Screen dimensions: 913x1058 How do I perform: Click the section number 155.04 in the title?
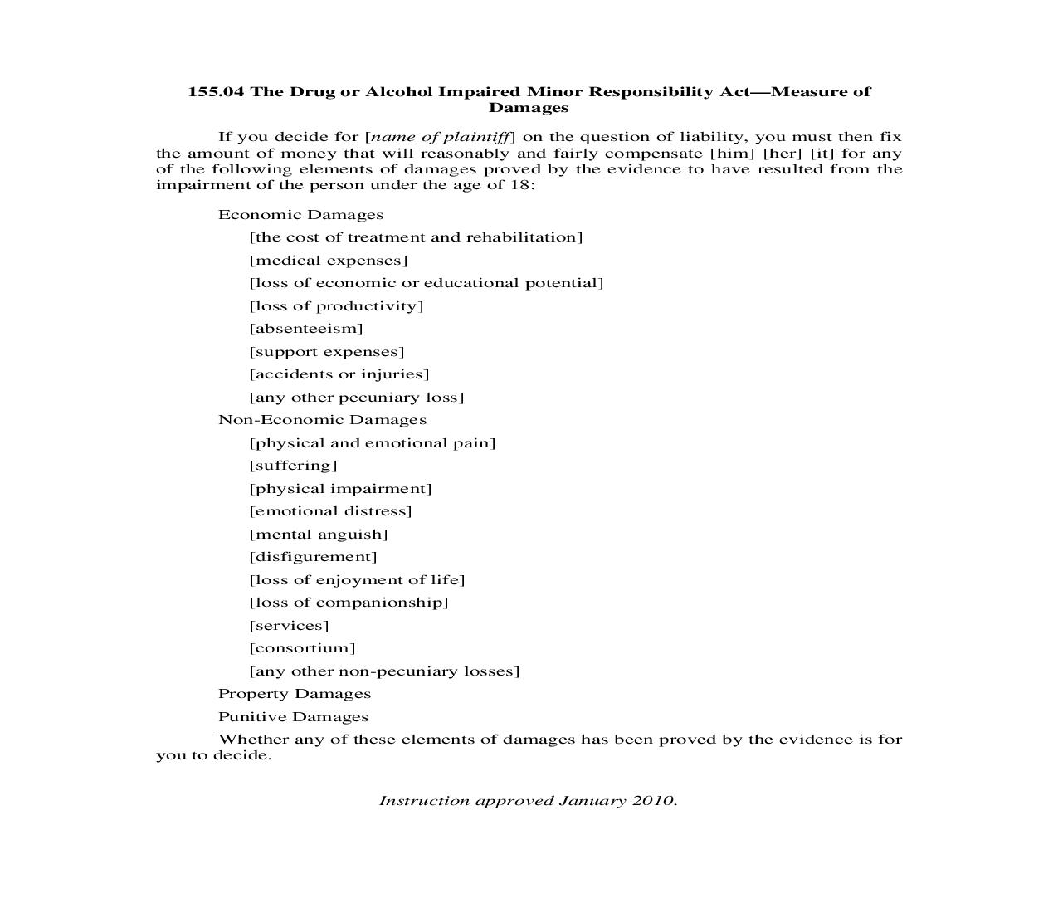[x=216, y=91]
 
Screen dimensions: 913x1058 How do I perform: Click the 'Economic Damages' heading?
[x=300, y=215]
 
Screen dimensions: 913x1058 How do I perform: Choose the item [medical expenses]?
[x=329, y=261]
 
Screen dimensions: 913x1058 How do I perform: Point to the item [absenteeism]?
[x=306, y=329]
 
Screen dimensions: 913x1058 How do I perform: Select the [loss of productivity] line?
[x=336, y=306]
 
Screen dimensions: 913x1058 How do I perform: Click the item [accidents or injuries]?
[x=339, y=374]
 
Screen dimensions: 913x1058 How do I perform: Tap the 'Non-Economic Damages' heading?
[x=322, y=420]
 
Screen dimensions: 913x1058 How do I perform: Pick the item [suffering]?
[x=293, y=466]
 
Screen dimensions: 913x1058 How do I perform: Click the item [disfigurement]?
[x=313, y=557]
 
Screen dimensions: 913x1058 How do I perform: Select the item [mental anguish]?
[x=319, y=535]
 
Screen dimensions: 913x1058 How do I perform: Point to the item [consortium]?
[x=302, y=648]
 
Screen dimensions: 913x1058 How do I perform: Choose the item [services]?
[x=289, y=626]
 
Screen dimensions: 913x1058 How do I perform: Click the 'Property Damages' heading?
[x=295, y=694]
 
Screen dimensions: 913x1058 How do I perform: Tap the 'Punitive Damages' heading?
[x=293, y=717]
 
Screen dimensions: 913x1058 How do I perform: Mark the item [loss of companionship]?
[x=349, y=603]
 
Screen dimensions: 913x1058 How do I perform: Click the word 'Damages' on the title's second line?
[x=529, y=108]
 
